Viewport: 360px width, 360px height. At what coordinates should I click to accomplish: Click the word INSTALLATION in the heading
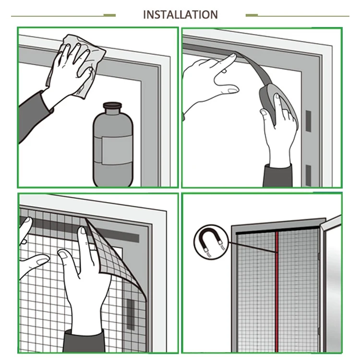tap(180, 15)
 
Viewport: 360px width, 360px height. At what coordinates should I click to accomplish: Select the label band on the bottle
tap(113, 150)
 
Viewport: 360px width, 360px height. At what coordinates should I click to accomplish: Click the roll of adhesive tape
tap(276, 101)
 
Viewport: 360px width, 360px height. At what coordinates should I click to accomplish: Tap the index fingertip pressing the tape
tap(232, 56)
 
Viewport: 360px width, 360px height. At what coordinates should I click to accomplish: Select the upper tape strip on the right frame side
tap(308, 121)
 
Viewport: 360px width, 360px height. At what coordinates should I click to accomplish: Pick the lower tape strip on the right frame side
tap(308, 175)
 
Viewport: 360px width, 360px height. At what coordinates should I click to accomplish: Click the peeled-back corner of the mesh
tap(115, 255)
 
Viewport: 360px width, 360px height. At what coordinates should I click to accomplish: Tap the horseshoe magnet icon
tap(211, 242)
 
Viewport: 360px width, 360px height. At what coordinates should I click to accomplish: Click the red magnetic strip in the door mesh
tap(277, 291)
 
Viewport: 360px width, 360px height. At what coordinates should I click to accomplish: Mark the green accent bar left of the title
tap(109, 15)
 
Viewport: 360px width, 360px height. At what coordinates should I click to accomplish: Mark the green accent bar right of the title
tap(252, 15)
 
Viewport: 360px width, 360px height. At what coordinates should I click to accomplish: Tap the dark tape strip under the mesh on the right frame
tap(131, 314)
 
